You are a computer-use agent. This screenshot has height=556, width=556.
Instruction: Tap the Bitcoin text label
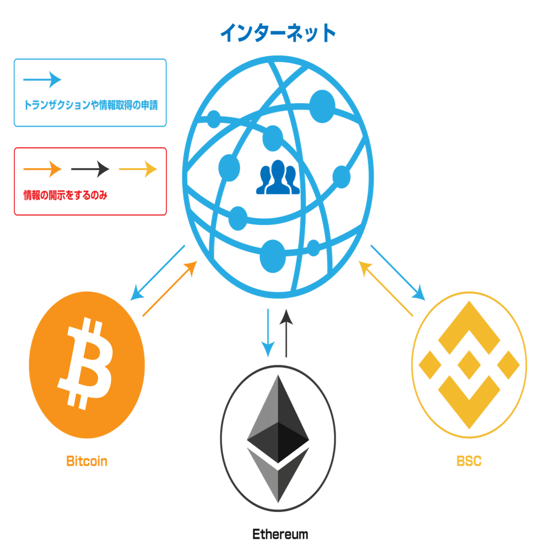(87, 461)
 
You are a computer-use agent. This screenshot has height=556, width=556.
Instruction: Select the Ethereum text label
(280, 534)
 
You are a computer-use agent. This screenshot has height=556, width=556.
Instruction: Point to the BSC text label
(469, 461)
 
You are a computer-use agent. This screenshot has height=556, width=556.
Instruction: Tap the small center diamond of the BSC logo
(468, 365)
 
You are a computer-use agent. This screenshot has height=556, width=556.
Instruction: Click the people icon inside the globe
(277, 178)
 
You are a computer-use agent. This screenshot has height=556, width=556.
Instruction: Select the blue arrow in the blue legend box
(42, 79)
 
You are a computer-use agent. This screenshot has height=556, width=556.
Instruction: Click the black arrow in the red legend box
(90, 169)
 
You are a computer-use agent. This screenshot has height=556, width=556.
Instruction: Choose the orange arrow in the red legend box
(42, 169)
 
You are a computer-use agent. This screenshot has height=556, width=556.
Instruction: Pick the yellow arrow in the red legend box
(138, 169)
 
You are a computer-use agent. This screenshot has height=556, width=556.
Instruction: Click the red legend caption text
(64, 195)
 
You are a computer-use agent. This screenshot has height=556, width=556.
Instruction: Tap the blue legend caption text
(90, 105)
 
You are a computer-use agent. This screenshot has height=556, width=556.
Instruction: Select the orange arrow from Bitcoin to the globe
(170, 289)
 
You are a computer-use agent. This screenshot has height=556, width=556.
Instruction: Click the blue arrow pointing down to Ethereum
(268, 333)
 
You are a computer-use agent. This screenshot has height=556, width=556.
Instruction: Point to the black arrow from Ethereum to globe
(286, 333)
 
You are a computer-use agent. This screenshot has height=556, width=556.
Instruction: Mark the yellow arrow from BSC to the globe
(386, 289)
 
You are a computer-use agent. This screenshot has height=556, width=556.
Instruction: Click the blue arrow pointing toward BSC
(398, 273)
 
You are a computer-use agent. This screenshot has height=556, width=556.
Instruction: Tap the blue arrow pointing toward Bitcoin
(157, 273)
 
